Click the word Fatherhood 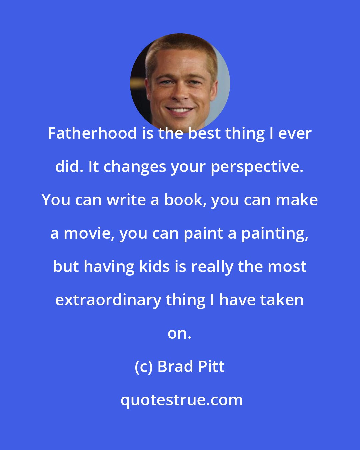click(x=92, y=133)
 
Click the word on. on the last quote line click(x=179, y=333)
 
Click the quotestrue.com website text click(x=181, y=400)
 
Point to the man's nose click(x=180, y=94)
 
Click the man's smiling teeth click(x=180, y=110)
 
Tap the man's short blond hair click(x=180, y=50)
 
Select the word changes click(x=135, y=167)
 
